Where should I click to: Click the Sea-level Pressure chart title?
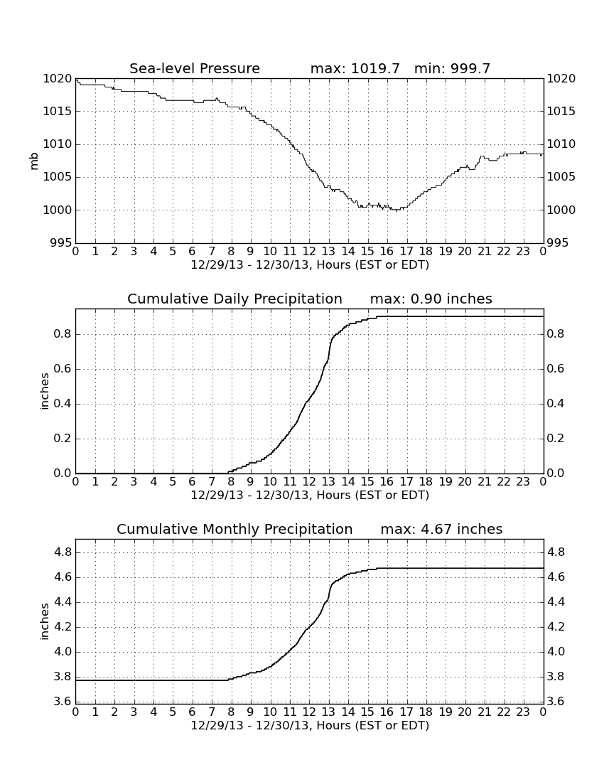195,68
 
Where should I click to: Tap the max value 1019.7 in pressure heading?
375,68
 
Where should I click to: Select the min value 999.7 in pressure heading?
470,68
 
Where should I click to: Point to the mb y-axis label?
34,161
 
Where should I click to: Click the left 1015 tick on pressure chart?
58,111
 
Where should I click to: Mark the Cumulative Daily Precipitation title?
234,299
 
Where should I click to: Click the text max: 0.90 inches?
431,299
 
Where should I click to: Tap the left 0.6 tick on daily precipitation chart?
63,369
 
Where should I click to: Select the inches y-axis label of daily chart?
44,391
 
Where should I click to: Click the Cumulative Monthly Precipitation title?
234,529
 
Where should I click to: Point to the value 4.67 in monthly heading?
436,529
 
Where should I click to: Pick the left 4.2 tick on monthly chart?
63,627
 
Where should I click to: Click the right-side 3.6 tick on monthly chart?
556,702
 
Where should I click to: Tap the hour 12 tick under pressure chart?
309,252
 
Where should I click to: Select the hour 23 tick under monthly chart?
523,712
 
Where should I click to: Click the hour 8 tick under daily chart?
231,482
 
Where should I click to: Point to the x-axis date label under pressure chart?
310,265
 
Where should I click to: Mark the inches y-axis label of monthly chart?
44,621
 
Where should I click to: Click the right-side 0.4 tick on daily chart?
556,404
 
